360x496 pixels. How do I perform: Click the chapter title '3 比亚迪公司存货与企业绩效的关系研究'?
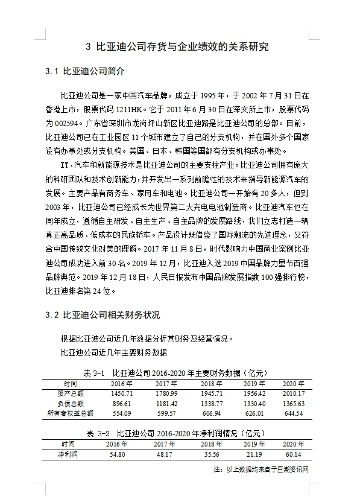(x=180, y=46)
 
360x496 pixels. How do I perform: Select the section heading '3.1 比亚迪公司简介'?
(x=85, y=72)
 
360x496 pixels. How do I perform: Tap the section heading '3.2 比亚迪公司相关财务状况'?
(x=104, y=315)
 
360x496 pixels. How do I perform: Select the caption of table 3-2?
(x=180, y=433)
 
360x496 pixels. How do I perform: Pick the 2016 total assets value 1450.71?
(x=121, y=393)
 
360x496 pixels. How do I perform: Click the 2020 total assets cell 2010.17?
(x=294, y=393)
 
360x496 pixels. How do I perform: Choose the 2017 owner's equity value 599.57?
(x=165, y=413)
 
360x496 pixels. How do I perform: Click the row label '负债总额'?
(x=70, y=403)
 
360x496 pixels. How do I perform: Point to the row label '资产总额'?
(x=70, y=393)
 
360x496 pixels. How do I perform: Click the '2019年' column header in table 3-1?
(x=252, y=384)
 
